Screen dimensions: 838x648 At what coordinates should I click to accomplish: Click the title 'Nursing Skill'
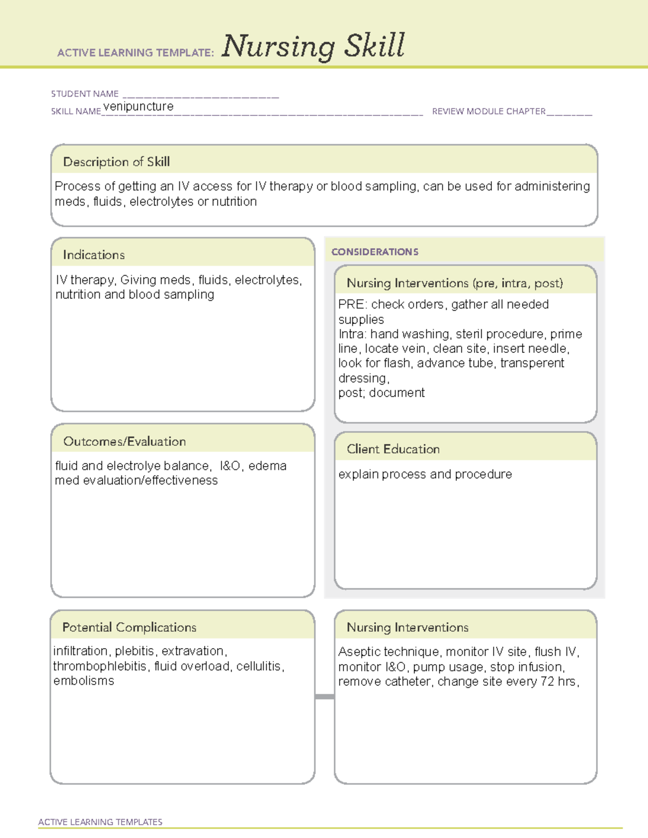point(313,46)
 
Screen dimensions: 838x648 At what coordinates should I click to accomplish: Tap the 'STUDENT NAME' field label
point(85,94)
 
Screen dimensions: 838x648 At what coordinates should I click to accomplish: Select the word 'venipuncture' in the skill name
point(139,106)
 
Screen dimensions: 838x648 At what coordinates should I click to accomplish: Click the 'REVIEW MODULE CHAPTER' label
point(489,111)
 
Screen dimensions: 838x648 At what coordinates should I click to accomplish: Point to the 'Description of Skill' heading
point(116,162)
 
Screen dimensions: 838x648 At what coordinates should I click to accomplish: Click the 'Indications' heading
point(93,255)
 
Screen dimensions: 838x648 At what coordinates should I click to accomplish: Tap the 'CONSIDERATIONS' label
point(375,252)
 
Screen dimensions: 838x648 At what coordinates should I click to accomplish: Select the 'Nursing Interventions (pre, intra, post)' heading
point(455,283)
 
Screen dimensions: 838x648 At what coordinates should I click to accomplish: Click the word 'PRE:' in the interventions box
point(353,304)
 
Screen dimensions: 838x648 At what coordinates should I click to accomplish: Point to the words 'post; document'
point(381,393)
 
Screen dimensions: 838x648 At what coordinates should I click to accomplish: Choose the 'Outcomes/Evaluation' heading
point(124,441)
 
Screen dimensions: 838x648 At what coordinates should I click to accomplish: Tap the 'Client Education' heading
point(393,449)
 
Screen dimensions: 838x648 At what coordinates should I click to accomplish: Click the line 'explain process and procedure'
point(425,474)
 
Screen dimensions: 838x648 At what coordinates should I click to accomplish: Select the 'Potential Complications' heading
point(129,627)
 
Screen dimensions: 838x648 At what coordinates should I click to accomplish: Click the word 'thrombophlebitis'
point(100,666)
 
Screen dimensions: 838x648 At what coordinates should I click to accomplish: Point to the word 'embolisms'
point(84,681)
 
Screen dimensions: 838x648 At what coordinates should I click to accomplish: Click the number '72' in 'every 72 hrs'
point(547,682)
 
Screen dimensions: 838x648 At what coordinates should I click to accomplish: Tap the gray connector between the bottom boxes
point(325,697)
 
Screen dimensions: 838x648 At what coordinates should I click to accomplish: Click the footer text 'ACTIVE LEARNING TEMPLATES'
point(100,822)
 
